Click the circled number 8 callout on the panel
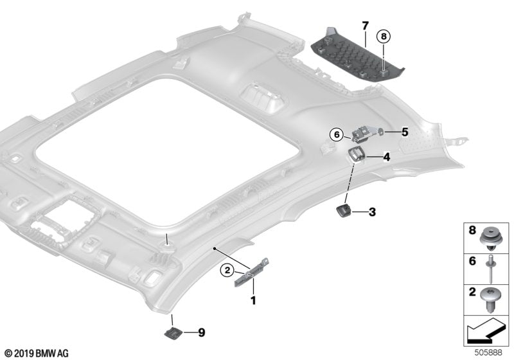point(383,37)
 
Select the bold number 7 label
point(365,26)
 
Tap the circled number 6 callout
point(335,134)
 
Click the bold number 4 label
point(387,156)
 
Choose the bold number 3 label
point(372,211)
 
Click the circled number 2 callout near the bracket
point(227,271)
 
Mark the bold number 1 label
point(253,300)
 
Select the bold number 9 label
point(201,332)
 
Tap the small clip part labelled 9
point(173,332)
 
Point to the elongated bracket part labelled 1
point(251,274)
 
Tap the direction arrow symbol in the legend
point(485,333)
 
